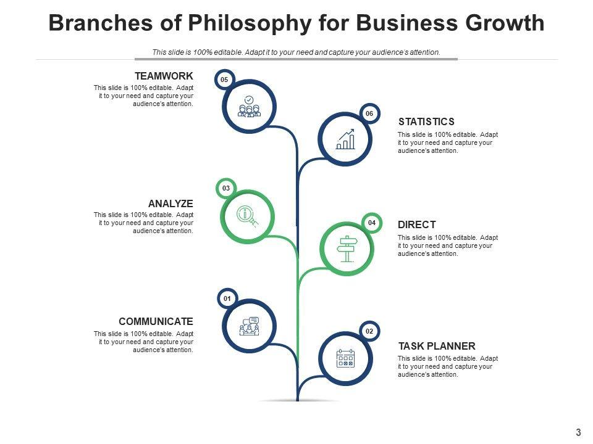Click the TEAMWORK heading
(x=164, y=76)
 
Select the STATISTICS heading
(x=426, y=121)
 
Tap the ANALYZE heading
(x=170, y=203)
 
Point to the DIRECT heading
(x=417, y=224)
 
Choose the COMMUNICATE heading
(x=156, y=321)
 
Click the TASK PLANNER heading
(x=437, y=346)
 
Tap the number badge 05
(x=224, y=80)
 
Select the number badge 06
(x=369, y=113)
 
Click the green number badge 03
(x=226, y=188)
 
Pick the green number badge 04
(x=372, y=223)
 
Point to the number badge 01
(x=227, y=299)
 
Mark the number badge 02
(x=369, y=332)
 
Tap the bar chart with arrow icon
(x=345, y=139)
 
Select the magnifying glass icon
(x=248, y=216)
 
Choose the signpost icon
(x=347, y=249)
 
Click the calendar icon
(x=345, y=358)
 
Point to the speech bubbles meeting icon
(x=249, y=326)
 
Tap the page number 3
(x=578, y=432)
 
